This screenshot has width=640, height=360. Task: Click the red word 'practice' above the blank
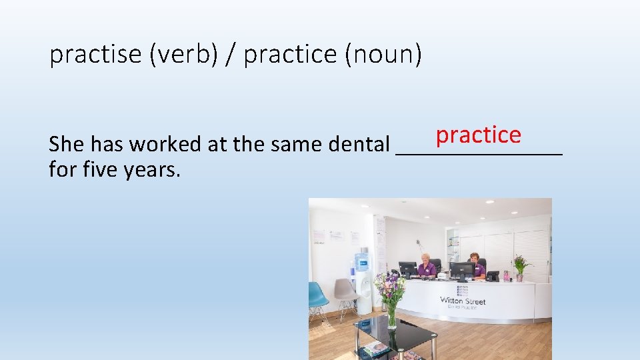coord(478,135)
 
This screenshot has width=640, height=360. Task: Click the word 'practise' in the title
coord(96,55)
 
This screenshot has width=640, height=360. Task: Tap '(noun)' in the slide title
coord(383,55)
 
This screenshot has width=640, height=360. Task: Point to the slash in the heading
coord(231,55)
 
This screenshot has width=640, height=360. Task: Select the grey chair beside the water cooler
coord(346,294)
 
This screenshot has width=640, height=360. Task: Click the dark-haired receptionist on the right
coord(477,265)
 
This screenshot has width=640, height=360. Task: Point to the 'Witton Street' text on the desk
coord(463,301)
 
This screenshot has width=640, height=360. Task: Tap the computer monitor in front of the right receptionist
coord(462,270)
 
